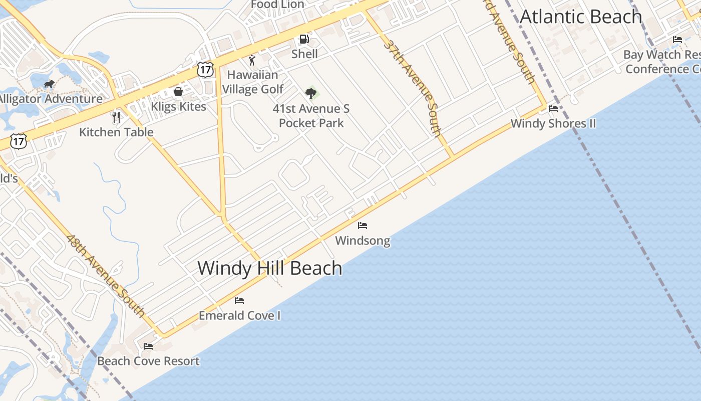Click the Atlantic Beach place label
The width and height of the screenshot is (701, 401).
581,17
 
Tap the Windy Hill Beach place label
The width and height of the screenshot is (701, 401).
270,268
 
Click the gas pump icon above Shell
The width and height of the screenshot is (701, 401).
304,39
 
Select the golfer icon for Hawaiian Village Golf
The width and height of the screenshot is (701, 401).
252,61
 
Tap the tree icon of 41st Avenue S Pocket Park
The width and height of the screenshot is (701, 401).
311,93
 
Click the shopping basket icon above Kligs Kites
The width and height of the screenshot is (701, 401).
178,92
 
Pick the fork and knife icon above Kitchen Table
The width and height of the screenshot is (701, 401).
116,117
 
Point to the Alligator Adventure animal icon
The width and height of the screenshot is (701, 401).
49,84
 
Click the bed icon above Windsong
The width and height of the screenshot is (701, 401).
363,226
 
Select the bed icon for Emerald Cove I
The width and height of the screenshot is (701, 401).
239,301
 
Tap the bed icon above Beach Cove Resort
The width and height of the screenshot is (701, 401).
148,346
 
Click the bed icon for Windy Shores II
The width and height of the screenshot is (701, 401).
553,108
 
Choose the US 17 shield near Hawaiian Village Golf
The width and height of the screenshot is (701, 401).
205,69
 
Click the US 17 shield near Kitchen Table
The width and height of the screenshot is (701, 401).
19,141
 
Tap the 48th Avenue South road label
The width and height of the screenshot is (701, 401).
105,276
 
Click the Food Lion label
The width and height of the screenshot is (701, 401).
277,5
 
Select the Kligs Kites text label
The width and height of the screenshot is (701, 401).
178,107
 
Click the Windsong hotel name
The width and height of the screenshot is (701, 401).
363,241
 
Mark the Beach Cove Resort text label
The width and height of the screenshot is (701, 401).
148,361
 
